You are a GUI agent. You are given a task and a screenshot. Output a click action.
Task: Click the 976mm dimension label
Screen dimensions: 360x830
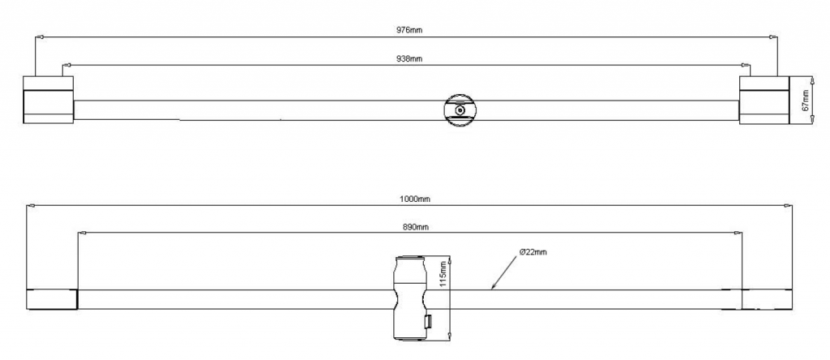pos(409,30)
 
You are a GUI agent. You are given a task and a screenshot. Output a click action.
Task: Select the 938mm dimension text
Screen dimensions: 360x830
pos(409,58)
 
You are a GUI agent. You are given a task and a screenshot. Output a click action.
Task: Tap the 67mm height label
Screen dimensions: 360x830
pos(806,101)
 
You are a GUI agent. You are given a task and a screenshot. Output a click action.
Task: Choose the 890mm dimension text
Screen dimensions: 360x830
pos(416,227)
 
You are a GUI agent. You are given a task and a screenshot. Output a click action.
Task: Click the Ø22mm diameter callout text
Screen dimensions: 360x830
pos(533,253)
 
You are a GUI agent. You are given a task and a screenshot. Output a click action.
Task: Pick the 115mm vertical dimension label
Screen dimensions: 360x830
pos(443,273)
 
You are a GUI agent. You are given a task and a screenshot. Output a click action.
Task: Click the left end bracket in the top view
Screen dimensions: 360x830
pos(48,101)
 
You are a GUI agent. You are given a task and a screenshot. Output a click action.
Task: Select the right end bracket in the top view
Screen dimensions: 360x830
pos(764,101)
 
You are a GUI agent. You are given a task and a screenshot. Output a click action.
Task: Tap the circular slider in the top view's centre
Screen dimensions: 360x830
pos(460,110)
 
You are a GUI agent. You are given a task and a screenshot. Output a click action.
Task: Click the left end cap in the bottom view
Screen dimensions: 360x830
pos(52,299)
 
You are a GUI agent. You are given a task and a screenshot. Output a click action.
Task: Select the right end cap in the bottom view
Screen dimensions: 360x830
pos(767,299)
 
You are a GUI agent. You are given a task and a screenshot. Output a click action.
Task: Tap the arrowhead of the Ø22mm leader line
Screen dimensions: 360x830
pos(493,287)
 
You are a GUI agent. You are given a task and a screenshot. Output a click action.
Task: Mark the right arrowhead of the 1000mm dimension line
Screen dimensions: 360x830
pos(791,206)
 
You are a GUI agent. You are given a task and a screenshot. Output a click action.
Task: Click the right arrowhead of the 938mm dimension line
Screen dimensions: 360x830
pos(744,64)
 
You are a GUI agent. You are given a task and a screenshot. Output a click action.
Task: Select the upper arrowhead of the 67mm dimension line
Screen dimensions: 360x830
pos(812,80)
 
